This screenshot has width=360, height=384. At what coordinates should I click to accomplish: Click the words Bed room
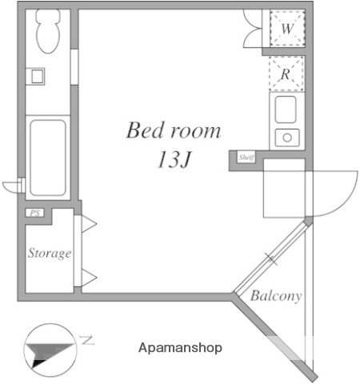[x=173, y=130]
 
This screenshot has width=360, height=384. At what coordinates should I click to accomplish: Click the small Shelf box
[x=246, y=158]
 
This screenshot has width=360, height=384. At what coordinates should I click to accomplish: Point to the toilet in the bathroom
[x=47, y=33]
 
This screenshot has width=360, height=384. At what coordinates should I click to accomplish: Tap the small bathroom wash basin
[x=37, y=78]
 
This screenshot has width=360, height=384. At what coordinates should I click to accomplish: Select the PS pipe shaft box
[x=34, y=213]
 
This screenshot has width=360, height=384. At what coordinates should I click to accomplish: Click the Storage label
[x=50, y=254]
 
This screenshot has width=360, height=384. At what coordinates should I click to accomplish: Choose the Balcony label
[x=276, y=297]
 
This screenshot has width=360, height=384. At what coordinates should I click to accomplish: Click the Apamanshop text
[x=180, y=348]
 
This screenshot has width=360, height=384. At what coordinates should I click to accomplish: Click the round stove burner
[x=286, y=137]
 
